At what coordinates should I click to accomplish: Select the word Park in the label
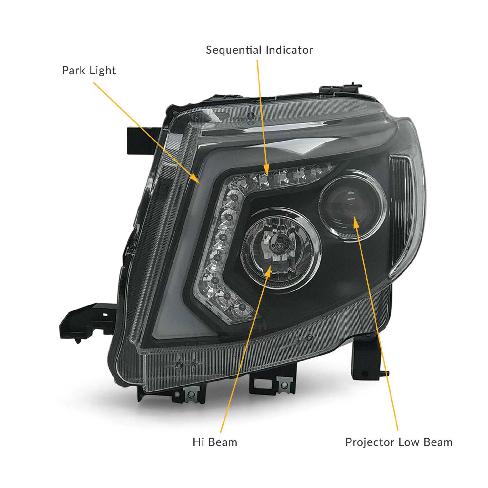point(73,71)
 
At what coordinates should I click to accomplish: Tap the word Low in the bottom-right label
point(409,442)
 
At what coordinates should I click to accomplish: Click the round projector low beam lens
point(352,206)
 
